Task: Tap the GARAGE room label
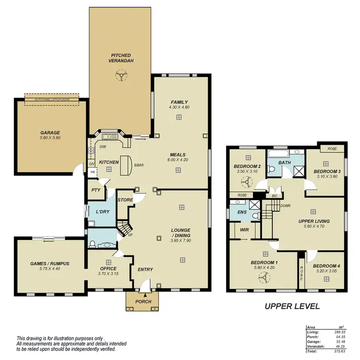[x=50, y=132]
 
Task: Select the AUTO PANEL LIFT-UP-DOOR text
[x=52, y=100]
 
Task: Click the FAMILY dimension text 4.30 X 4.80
[x=180, y=108]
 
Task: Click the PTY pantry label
[x=95, y=190]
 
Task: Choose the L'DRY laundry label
[x=101, y=212]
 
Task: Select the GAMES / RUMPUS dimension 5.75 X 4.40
[x=50, y=269]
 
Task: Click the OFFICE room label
[x=108, y=268]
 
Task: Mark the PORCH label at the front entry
[x=144, y=301]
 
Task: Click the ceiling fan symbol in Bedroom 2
[x=247, y=182]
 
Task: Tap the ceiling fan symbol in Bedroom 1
[x=263, y=277]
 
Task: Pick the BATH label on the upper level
[x=285, y=163]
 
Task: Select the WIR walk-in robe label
[x=244, y=230]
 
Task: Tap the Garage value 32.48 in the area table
[x=340, y=341]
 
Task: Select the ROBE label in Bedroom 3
[x=332, y=149]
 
